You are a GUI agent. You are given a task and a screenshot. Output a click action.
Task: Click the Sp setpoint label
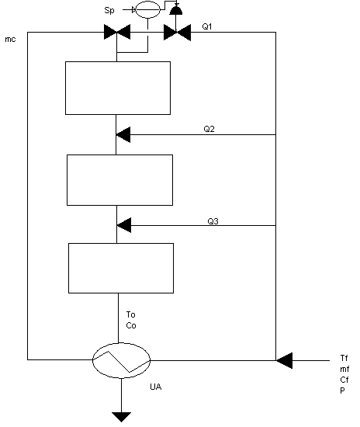point(109,10)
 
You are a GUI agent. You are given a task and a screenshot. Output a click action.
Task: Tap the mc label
point(10,40)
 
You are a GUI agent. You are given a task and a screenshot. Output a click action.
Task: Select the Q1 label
point(207,26)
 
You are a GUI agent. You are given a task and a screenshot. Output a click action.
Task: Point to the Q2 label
point(209,129)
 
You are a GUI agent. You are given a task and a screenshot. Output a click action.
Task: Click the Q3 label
point(213,221)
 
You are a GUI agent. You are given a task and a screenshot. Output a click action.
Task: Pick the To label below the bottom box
point(130,314)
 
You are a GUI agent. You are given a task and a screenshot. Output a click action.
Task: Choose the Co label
point(131,325)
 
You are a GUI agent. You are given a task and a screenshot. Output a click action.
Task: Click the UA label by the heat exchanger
point(156,387)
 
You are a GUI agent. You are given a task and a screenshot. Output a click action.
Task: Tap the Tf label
point(344,358)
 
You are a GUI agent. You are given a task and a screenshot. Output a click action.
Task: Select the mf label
point(344,369)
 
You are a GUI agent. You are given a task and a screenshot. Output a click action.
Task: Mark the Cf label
point(344,380)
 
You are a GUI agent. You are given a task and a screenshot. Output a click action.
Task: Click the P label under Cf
point(342,391)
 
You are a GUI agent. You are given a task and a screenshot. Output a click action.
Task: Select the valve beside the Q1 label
point(177,33)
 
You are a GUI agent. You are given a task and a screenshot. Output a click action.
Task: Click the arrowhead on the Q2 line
point(123,134)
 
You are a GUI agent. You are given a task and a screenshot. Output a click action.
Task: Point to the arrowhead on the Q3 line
point(124,225)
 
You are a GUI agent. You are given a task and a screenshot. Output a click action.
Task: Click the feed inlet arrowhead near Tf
point(285,360)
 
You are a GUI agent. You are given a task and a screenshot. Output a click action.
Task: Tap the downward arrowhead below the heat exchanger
point(121,417)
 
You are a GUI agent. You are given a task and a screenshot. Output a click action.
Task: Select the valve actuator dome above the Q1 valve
point(176,10)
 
